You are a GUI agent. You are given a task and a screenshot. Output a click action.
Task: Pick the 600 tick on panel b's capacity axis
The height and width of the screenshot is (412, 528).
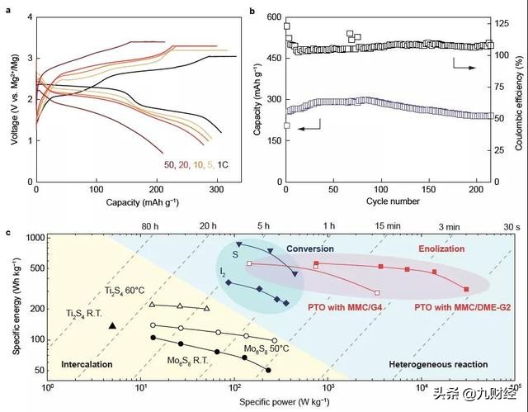coord(273,17)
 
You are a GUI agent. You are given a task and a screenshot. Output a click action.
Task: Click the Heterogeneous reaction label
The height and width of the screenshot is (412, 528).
coord(424,363)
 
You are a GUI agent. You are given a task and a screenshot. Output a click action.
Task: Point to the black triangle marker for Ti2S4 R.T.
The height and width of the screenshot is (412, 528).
coord(111,326)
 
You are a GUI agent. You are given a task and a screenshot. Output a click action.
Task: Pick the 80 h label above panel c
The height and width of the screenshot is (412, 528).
coord(149,225)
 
